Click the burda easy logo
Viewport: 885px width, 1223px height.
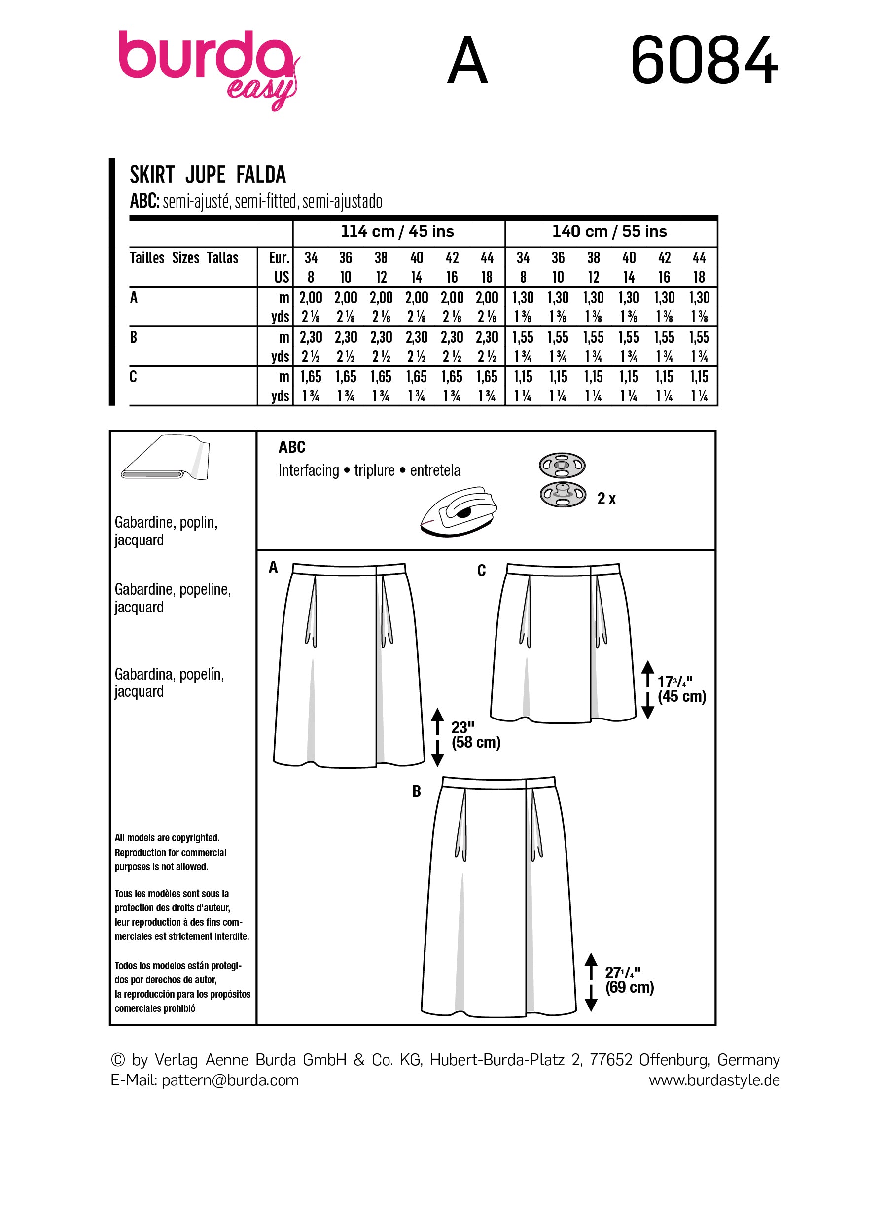pyautogui.click(x=208, y=68)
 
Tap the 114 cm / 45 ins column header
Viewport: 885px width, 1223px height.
pyautogui.click(x=397, y=231)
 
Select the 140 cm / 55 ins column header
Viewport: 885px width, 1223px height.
pyautogui.click(x=609, y=231)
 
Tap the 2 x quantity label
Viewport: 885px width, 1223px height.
pyautogui.click(x=606, y=499)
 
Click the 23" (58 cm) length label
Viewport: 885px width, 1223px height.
pyautogui.click(x=475, y=735)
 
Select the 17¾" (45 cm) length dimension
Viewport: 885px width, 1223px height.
pyautogui.click(x=681, y=689)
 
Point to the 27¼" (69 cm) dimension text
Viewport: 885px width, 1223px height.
pyautogui.click(x=629, y=980)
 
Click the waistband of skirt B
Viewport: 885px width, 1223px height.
pyautogui.click(x=498, y=783)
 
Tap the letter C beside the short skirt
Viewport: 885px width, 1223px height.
pyautogui.click(x=481, y=571)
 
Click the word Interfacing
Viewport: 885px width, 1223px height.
pyautogui.click(x=308, y=471)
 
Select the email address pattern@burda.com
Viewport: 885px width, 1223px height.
pyautogui.click(x=230, y=1080)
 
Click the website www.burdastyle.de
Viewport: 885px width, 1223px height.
pyautogui.click(x=713, y=1080)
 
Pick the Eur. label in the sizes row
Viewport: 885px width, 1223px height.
pyautogui.click(x=279, y=258)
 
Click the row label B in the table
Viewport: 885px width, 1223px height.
pyautogui.click(x=134, y=338)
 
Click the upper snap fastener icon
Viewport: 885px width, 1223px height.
pyautogui.click(x=562, y=465)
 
